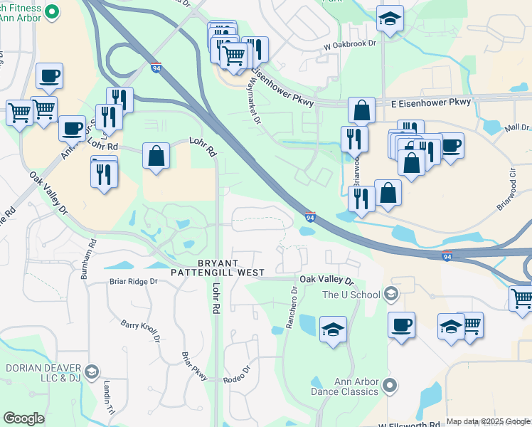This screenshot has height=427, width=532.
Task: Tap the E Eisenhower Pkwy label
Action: [432, 102]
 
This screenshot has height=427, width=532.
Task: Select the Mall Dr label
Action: [517, 128]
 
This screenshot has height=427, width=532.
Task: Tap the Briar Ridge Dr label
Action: [133, 281]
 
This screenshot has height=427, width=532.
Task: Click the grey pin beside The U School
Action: [390, 294]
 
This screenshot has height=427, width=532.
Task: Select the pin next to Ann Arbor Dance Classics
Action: [389, 386]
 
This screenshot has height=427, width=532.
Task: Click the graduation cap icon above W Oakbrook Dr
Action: [390, 19]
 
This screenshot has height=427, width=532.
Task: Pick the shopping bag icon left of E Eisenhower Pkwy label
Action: [361, 111]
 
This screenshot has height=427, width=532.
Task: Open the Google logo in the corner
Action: [23, 418]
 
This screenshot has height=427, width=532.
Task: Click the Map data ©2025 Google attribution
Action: [488, 421]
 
